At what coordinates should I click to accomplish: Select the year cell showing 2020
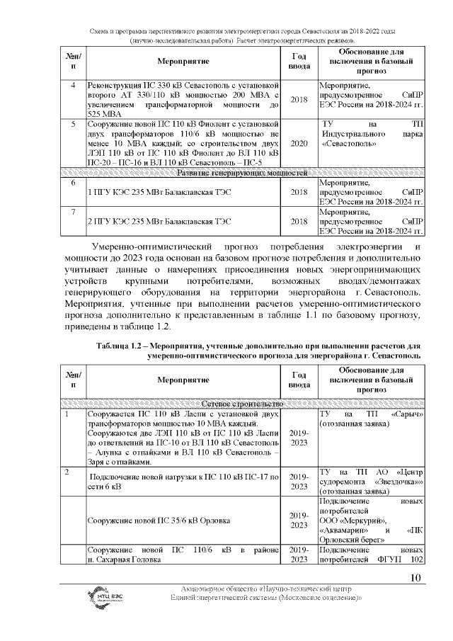click(299, 144)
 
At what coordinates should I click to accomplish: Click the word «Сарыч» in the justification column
click(406, 413)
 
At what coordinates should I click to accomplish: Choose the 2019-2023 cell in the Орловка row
click(299, 521)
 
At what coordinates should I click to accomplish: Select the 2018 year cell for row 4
click(299, 99)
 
